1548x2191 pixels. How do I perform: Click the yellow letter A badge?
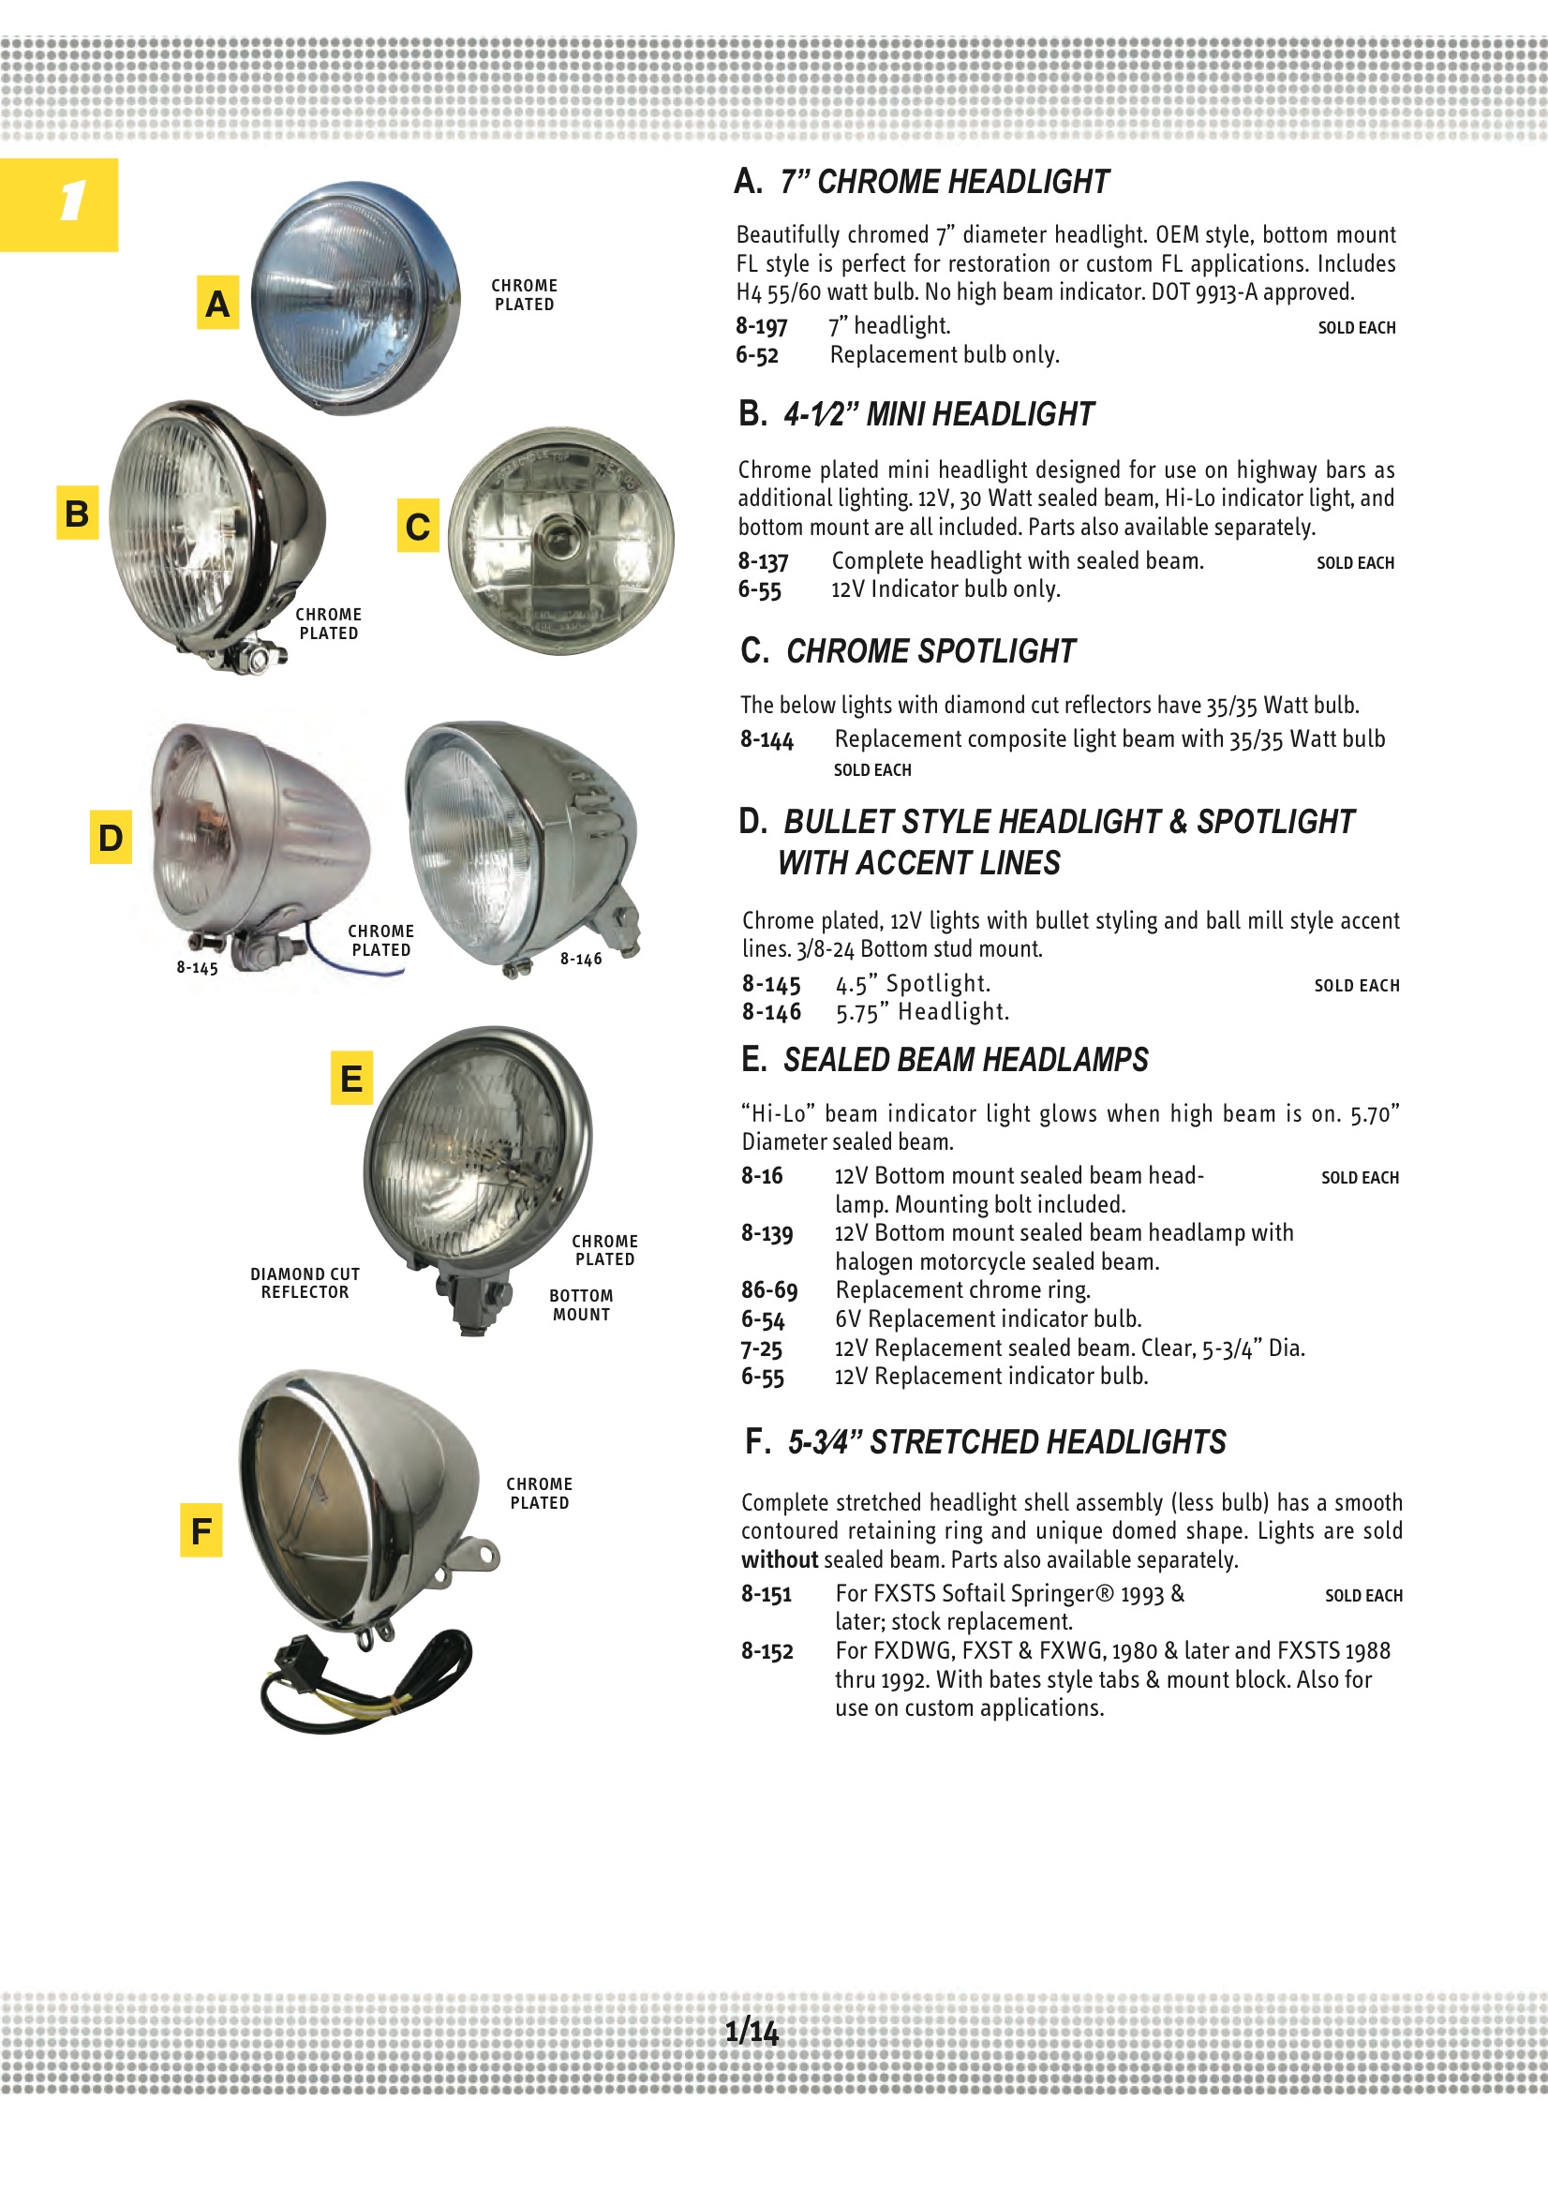[217, 303]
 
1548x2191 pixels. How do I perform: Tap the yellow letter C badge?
[418, 526]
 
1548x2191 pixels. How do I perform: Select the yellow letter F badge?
[201, 1530]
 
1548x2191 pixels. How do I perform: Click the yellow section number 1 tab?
[59, 204]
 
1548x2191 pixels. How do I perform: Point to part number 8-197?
[761, 326]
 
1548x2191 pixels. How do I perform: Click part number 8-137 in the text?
[763, 561]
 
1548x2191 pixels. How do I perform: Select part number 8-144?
[767, 739]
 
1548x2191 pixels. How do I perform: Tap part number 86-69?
[769, 1290]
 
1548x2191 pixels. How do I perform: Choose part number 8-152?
[767, 1651]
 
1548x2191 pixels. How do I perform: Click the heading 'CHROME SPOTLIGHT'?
[930, 651]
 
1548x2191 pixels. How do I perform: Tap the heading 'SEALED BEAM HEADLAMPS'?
[965, 1060]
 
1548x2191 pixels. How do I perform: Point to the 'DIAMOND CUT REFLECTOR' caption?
[305, 1284]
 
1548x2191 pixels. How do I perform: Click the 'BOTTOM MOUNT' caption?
[581, 1305]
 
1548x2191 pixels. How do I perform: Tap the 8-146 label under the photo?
[581, 959]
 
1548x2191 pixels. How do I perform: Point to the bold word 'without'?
[780, 1560]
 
